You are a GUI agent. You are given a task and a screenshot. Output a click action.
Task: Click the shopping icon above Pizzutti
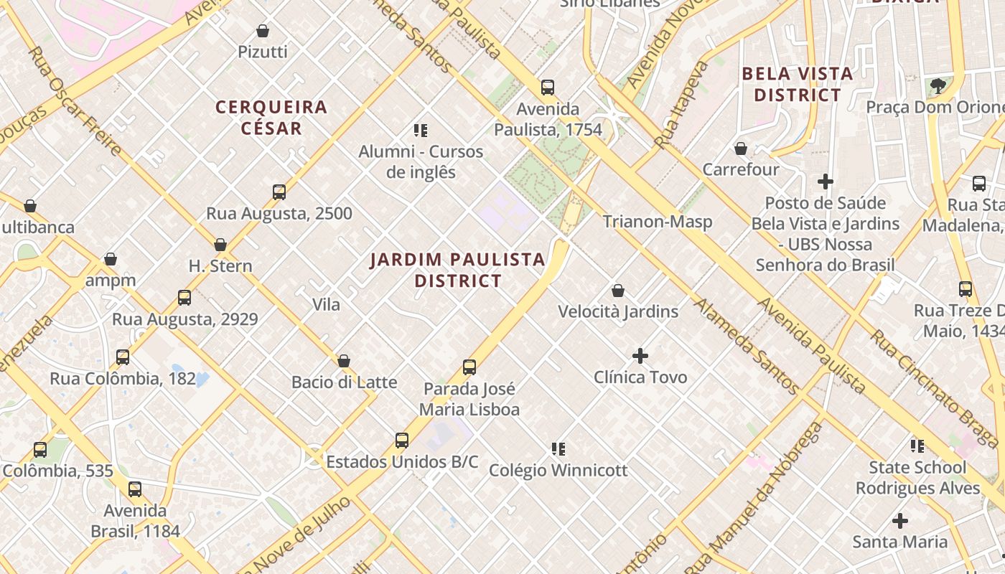[263, 31]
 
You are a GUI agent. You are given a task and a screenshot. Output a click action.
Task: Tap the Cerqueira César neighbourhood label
[271, 118]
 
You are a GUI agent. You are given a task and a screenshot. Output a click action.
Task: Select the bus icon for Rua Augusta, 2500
[279, 192]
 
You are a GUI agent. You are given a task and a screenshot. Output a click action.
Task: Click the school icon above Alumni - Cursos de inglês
[421, 131]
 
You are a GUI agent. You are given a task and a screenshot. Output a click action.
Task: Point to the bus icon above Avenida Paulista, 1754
[548, 88]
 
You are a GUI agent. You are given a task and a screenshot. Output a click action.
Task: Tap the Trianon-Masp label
[658, 222]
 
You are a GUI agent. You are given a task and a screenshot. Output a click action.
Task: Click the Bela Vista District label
[797, 84]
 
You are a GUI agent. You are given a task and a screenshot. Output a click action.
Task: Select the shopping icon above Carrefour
[741, 149]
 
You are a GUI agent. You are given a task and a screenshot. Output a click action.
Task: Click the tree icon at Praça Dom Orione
[938, 87]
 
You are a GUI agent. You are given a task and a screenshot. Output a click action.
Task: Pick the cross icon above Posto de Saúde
[826, 182]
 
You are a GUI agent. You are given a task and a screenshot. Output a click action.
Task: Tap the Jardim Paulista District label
[458, 270]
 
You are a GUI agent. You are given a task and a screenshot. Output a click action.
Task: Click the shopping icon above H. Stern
[220, 245]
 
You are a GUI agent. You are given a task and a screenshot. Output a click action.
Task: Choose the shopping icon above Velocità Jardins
[618, 291]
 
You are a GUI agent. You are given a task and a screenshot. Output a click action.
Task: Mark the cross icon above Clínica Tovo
[640, 356]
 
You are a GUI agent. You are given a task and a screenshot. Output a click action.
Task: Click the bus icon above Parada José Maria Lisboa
[469, 367]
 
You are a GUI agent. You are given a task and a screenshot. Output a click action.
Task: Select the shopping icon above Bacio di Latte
[344, 361]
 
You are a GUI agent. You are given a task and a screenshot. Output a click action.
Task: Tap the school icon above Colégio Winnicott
[558, 449]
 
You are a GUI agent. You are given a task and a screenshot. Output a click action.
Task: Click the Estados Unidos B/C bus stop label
[402, 462]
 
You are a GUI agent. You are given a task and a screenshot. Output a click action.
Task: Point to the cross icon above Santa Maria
[900, 521]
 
